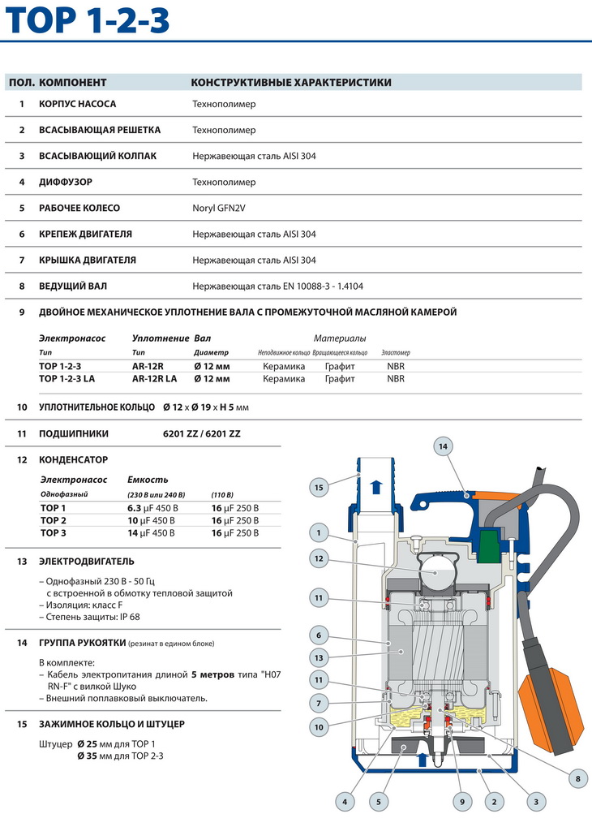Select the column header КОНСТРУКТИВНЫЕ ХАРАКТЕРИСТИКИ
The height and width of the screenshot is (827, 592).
click(290, 83)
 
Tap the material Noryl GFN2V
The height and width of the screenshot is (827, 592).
click(218, 208)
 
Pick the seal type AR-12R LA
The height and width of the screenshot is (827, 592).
click(154, 378)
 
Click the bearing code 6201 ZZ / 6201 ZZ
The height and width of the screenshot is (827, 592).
click(202, 433)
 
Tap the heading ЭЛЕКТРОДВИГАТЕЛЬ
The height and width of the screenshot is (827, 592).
click(87, 561)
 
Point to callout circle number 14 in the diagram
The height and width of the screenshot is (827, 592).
click(443, 446)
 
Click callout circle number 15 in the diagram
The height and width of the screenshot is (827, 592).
click(319, 487)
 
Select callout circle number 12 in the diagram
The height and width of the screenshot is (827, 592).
click(319, 558)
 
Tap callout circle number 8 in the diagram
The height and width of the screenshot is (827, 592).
click(577, 779)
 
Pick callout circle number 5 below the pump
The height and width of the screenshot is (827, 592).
click(377, 802)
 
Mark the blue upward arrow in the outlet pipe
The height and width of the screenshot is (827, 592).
click(375, 487)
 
